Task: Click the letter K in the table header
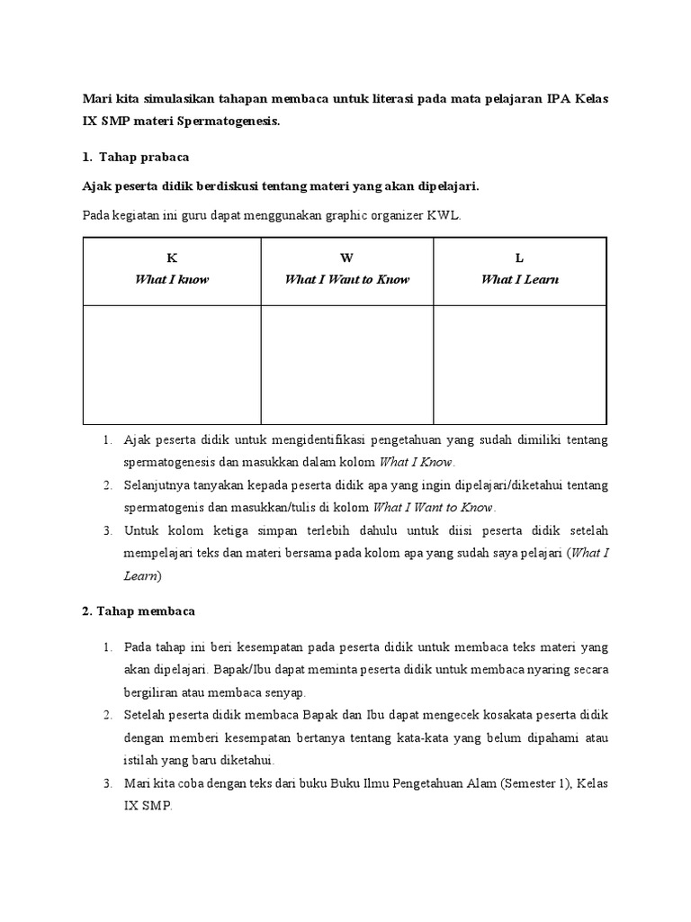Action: point(171,258)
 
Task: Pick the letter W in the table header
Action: point(346,258)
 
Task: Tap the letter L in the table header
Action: point(519,258)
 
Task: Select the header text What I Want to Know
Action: point(346,279)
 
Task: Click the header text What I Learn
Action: point(519,279)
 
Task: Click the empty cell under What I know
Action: point(171,364)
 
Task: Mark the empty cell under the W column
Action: point(346,364)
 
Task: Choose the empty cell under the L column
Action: point(519,364)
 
